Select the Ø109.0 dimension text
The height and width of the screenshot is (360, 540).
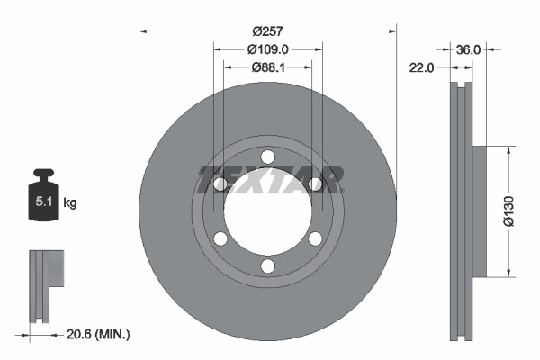coord(266,49)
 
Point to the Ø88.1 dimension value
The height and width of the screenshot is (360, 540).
coord(266,67)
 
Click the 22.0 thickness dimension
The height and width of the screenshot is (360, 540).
coord(423,67)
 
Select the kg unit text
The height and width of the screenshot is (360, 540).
coord(69,203)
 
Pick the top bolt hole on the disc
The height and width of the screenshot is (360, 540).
coord(267,157)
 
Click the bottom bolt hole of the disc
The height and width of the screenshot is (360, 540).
coord(267,265)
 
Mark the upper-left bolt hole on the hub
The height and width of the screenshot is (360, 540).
coord(220,184)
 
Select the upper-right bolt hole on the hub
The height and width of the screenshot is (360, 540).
coord(315,184)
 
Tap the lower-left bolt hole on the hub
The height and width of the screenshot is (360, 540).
coord(220,238)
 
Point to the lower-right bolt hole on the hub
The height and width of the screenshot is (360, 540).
coord(315,238)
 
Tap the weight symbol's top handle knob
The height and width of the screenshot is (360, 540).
coord(44,173)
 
